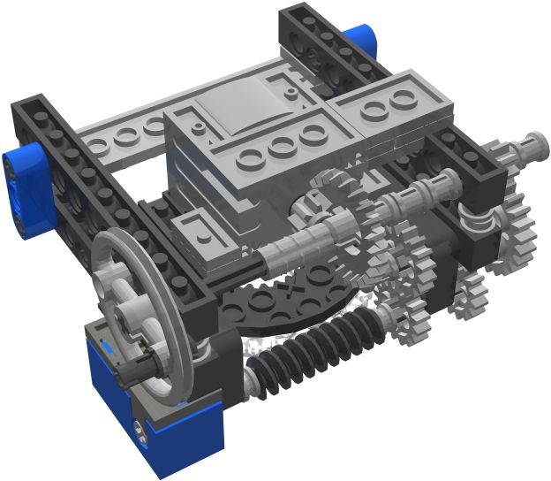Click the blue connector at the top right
coord(360,44)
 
